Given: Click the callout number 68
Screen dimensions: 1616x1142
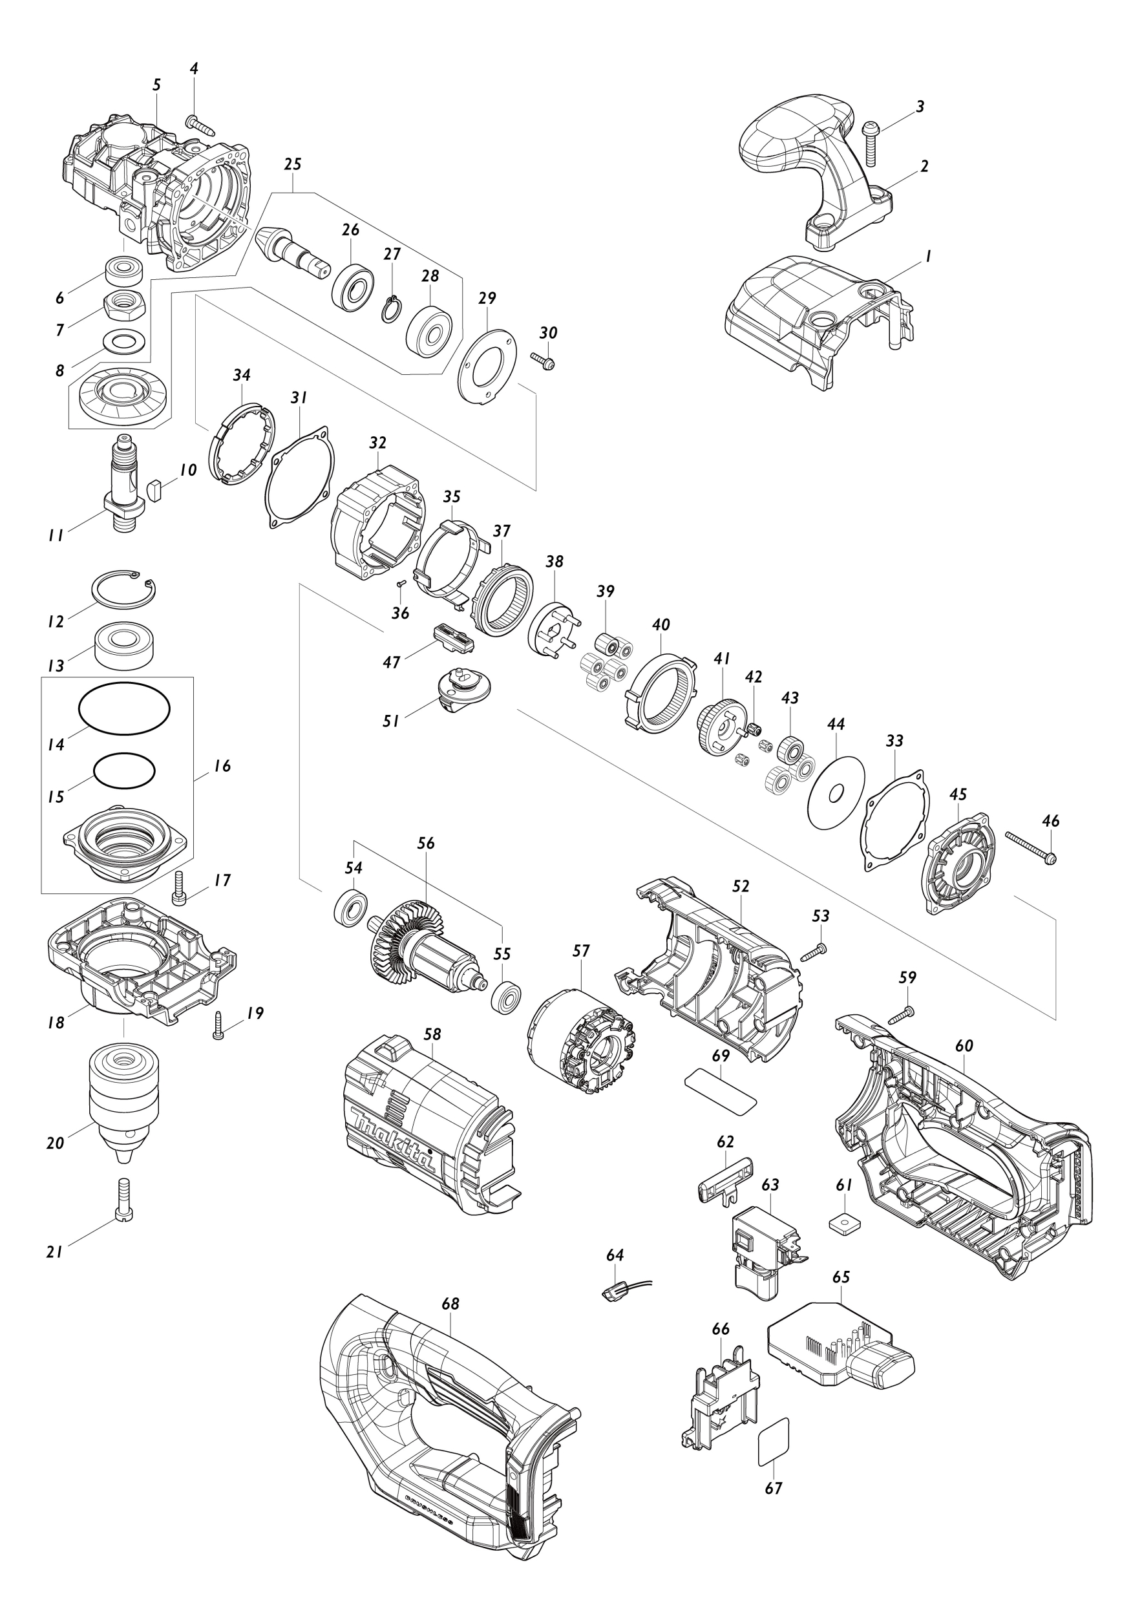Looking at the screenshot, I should [450, 1304].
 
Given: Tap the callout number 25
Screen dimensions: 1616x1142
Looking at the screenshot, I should [293, 164].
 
